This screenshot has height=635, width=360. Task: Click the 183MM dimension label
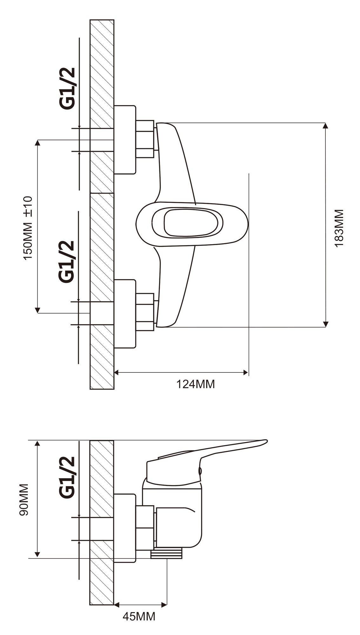339,228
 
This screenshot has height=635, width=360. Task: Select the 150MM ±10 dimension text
28,228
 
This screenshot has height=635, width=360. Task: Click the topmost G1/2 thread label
68,89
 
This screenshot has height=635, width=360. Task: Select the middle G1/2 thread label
66,261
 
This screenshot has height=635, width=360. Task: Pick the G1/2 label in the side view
67,477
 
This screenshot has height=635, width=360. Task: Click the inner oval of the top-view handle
191,223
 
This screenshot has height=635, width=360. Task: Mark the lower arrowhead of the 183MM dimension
325,324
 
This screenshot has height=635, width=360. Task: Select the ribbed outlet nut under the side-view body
166,555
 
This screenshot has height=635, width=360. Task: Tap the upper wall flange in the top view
124,140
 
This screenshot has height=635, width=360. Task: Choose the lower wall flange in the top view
124,314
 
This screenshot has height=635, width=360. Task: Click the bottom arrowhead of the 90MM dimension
37,555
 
